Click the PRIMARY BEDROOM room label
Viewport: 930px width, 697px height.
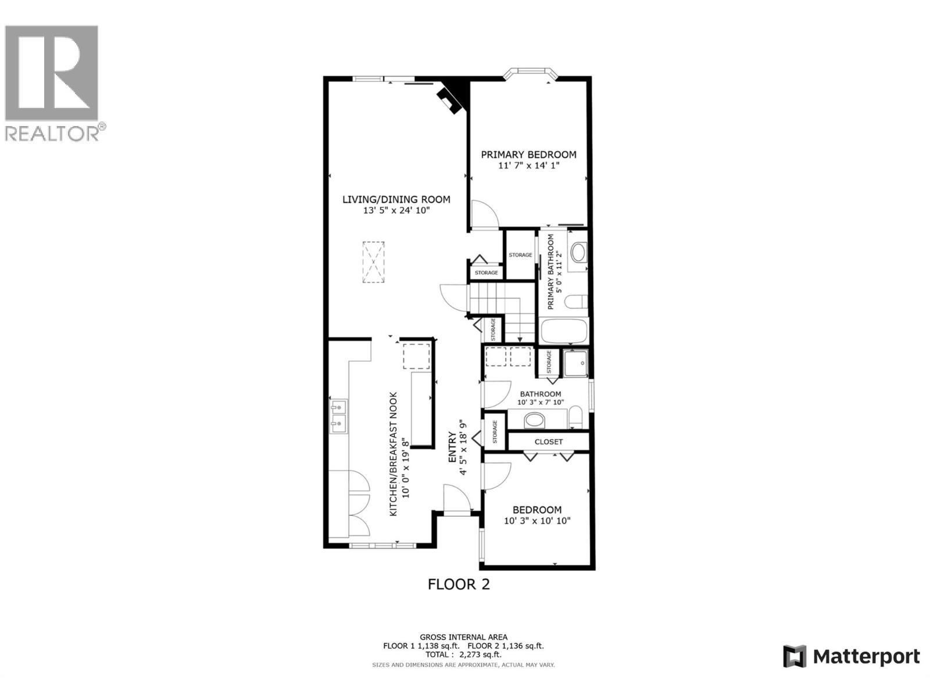(528, 155)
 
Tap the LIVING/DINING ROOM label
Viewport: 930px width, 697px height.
(396, 200)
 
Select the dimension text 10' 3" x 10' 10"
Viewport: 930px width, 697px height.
(537, 521)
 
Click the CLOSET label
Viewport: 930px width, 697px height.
(549, 441)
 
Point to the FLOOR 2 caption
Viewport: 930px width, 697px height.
(459, 584)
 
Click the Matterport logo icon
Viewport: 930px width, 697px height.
(795, 657)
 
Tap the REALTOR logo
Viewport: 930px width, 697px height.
(52, 81)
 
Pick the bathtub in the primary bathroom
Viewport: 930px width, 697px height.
(564, 332)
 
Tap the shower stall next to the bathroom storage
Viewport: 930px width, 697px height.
(576, 364)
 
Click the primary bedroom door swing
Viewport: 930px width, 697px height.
(484, 214)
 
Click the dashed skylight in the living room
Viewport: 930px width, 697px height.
(374, 262)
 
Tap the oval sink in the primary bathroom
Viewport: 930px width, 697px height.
(579, 253)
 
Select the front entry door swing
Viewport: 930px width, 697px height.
(455, 499)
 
